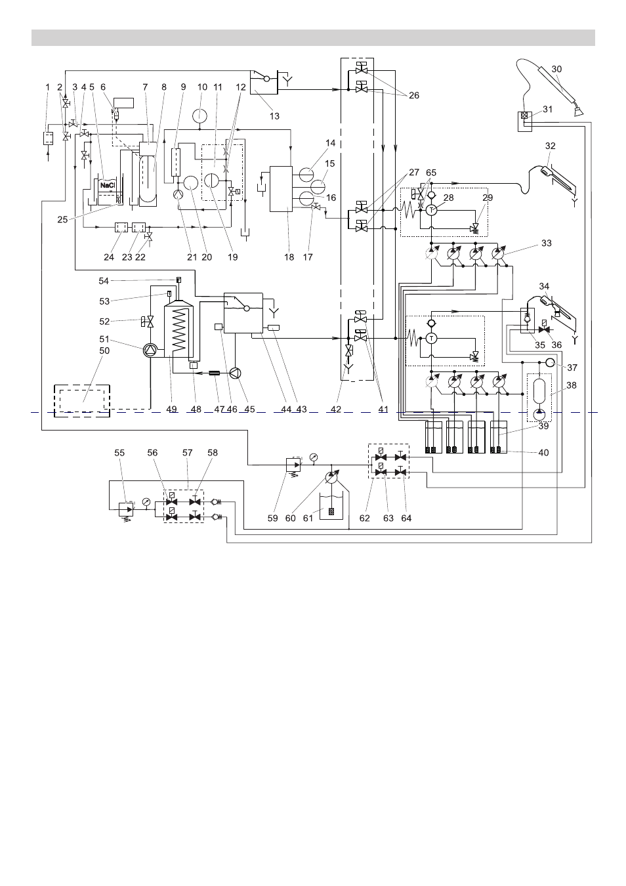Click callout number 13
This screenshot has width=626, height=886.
click(274, 116)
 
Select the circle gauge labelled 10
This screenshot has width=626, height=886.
click(199, 116)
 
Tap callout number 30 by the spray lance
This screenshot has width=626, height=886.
click(556, 69)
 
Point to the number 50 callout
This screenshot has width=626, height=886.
click(104, 351)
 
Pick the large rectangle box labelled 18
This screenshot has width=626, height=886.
click(281, 189)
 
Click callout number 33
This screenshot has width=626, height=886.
click(546, 243)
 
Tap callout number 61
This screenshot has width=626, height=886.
click(308, 518)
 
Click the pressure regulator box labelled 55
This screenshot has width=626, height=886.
click(126, 509)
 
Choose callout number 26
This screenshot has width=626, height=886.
click(413, 95)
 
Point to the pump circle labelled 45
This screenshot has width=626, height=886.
click(236, 373)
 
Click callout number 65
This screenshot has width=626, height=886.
click(431, 173)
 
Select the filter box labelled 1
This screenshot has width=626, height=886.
click(49, 138)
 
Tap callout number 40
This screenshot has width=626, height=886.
click(544, 452)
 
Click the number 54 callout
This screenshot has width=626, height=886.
click(104, 281)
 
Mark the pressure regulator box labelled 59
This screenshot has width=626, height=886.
click(293, 465)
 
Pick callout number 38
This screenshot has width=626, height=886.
click(572, 385)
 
